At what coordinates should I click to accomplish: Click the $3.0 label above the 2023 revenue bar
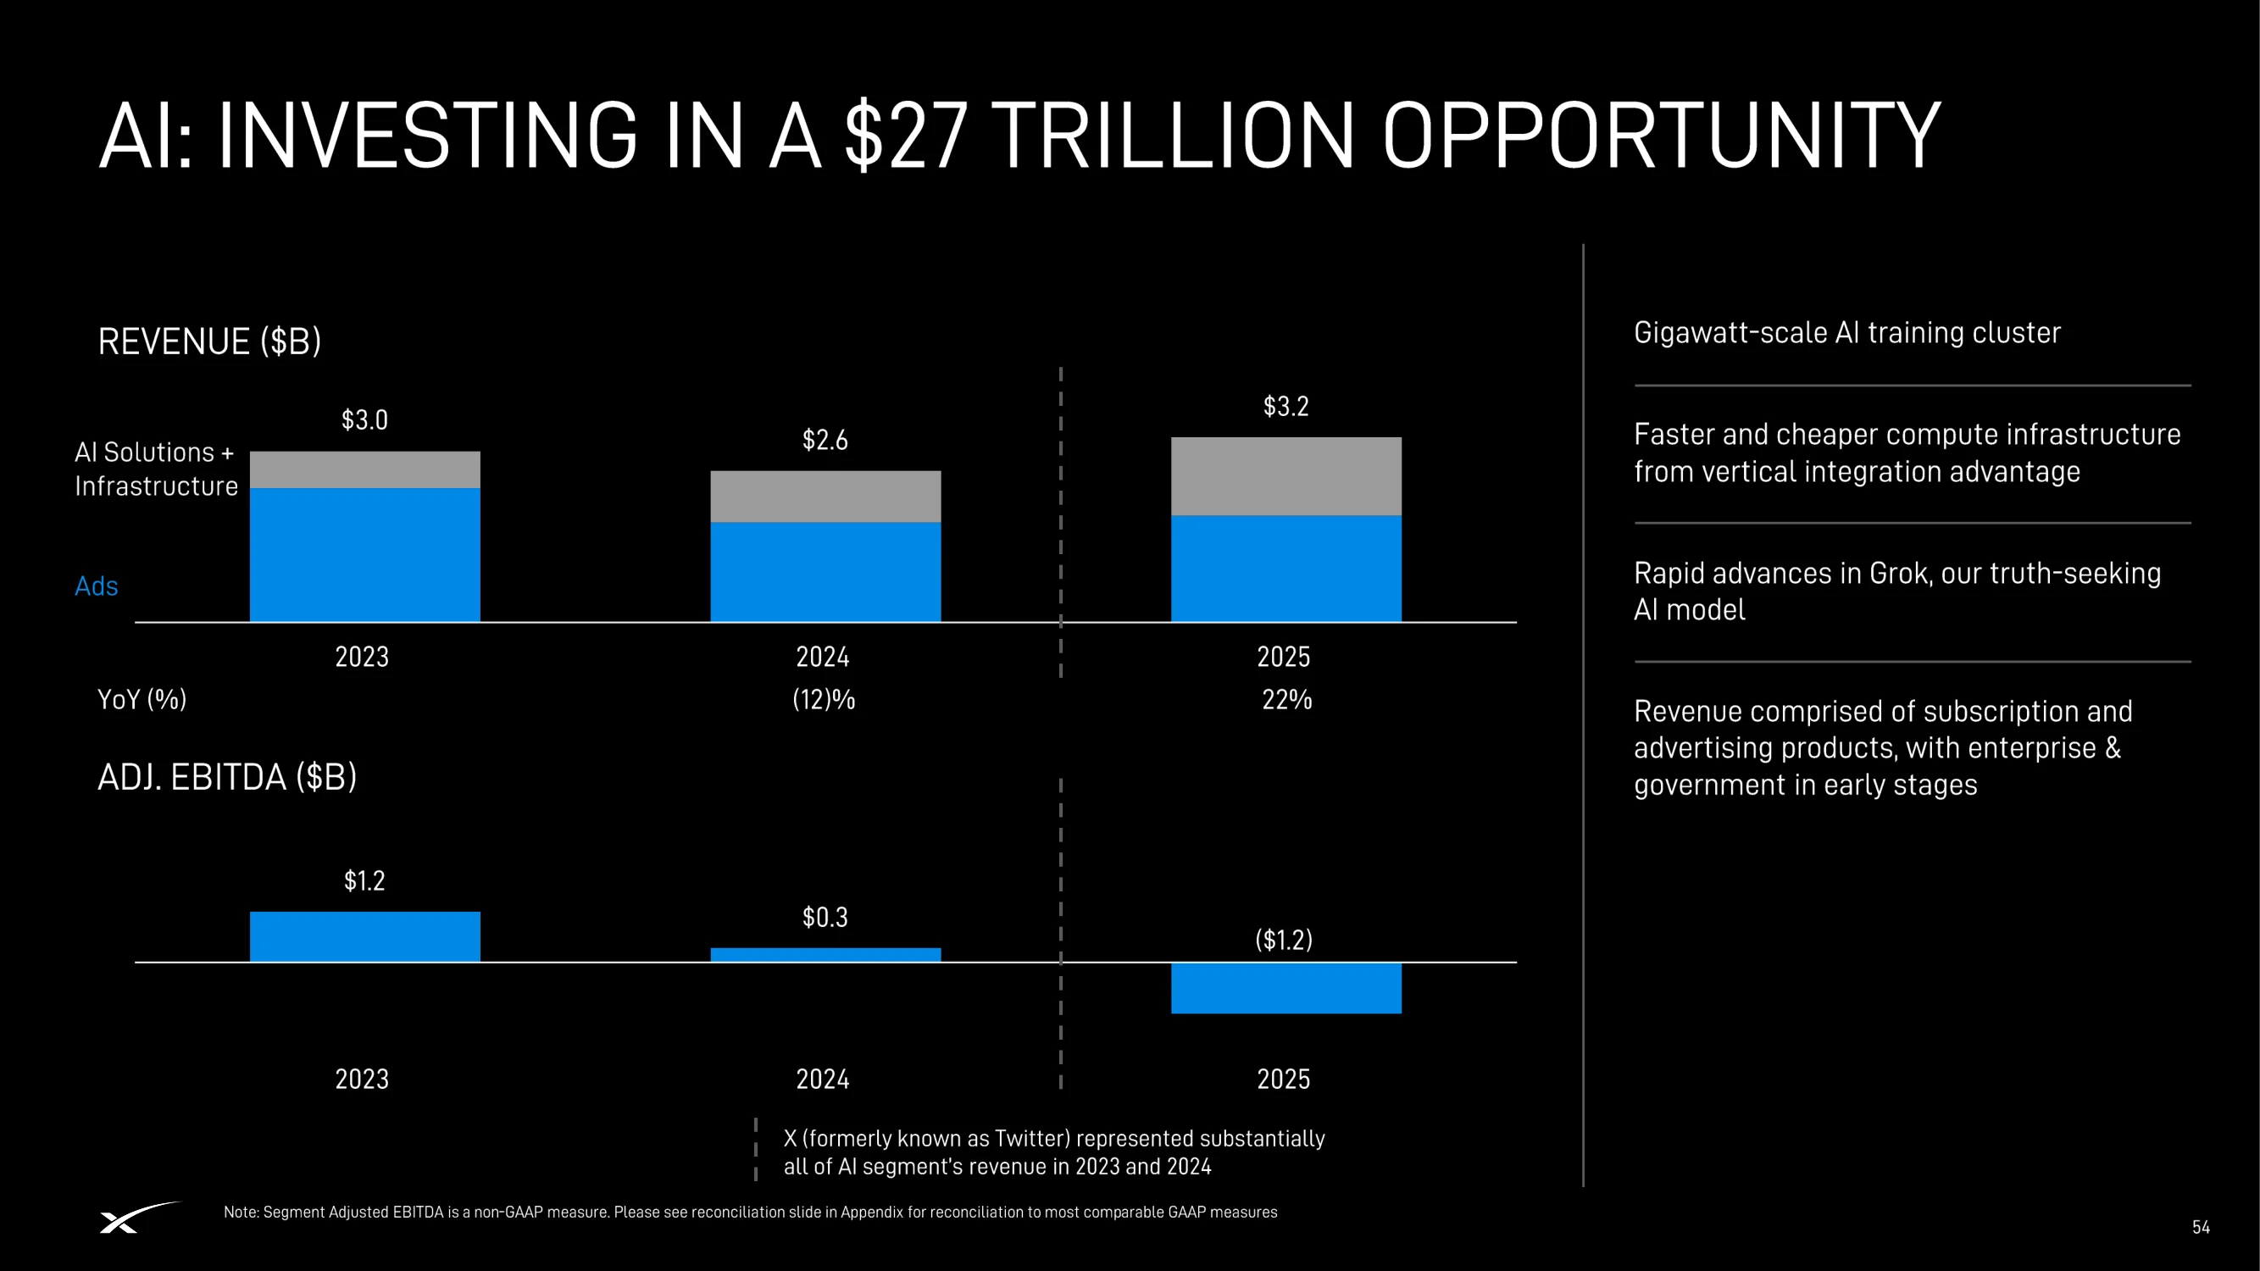pyautogui.click(x=364, y=420)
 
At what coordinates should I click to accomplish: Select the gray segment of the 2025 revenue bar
pyautogui.click(x=1286, y=476)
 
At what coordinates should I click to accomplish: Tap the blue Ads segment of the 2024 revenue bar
pyautogui.click(x=825, y=572)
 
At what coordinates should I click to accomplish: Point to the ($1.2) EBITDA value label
pyautogui.click(x=1284, y=940)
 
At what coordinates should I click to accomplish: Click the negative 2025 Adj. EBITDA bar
pyautogui.click(x=1286, y=989)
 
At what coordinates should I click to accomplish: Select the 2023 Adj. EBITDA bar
pyautogui.click(x=365, y=937)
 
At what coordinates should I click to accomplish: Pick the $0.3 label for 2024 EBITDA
pyautogui.click(x=825, y=918)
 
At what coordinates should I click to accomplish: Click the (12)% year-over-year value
pyautogui.click(x=823, y=699)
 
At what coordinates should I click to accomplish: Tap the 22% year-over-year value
pyautogui.click(x=1287, y=699)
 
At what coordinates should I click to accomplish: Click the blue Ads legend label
pyautogui.click(x=97, y=586)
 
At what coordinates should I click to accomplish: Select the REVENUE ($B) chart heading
pyautogui.click(x=209, y=341)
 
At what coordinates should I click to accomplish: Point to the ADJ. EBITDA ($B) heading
pyautogui.click(x=227, y=777)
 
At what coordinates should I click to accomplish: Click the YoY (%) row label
pyautogui.click(x=142, y=699)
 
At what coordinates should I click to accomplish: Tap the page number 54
pyautogui.click(x=2201, y=1227)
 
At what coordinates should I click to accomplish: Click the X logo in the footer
pyautogui.click(x=139, y=1218)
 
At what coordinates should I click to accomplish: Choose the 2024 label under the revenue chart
pyautogui.click(x=823, y=657)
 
